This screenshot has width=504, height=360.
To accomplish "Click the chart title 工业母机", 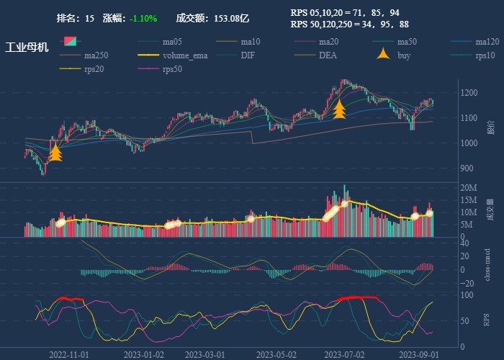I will pyautogui.click(x=27, y=48).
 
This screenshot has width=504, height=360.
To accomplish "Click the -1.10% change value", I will pyautogui.click(x=143, y=18).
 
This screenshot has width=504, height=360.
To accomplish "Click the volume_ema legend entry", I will pyautogui.click(x=185, y=55).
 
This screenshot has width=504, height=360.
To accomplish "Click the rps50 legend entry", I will pyautogui.click(x=172, y=69).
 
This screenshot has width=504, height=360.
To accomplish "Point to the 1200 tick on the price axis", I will pyautogui.click(x=470, y=93).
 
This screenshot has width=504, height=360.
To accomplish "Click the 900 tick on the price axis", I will pyautogui.click(x=468, y=168).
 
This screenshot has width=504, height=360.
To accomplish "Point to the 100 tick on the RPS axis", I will pyautogui.click(x=467, y=295).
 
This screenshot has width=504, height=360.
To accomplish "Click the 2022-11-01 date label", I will pyautogui.click(x=69, y=355).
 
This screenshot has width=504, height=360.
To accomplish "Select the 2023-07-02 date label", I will pyautogui.click(x=343, y=355).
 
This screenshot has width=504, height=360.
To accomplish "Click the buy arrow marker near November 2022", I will pyautogui.click(x=55, y=152).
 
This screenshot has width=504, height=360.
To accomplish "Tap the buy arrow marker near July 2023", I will pyautogui.click(x=340, y=109).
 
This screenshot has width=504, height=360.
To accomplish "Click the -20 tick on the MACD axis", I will pyautogui.click(x=467, y=283).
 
